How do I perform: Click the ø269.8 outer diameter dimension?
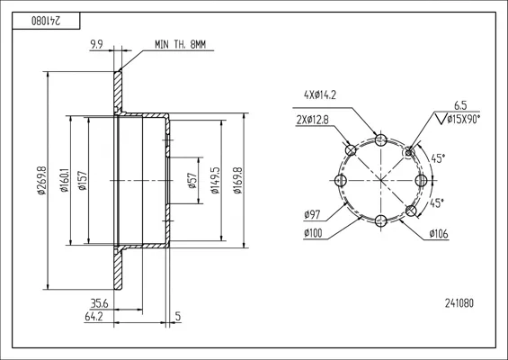[42, 180]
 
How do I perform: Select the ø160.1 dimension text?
[65, 180]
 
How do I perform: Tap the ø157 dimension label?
[83, 180]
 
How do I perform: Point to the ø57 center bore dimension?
[192, 180]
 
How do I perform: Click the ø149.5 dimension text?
[215, 180]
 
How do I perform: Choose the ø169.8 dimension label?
[237, 180]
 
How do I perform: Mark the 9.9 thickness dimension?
[96, 44]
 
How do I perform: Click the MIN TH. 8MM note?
[180, 44]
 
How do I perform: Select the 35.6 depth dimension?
[99, 304]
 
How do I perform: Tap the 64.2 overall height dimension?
[94, 317]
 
